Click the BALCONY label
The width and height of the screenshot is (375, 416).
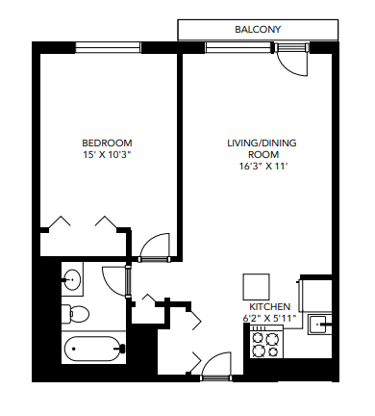(x=258, y=30)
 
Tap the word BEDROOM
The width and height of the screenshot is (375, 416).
(x=108, y=142)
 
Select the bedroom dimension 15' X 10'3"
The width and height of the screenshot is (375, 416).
(x=108, y=154)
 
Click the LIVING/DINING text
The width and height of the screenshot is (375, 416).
(x=262, y=143)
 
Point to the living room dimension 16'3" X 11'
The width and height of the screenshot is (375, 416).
(x=262, y=167)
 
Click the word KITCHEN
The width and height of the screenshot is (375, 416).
(x=269, y=306)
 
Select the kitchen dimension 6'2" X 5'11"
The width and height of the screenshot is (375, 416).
(x=269, y=318)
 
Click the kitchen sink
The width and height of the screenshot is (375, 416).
(x=322, y=325)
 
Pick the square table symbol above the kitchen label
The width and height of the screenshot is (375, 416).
(x=257, y=286)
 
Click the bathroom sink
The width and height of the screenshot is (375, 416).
(x=72, y=281)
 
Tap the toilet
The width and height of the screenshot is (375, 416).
(x=77, y=313)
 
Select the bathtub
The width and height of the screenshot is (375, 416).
(x=93, y=349)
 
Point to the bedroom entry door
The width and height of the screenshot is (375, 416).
(x=154, y=249)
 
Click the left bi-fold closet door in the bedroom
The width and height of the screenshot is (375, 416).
(x=60, y=223)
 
